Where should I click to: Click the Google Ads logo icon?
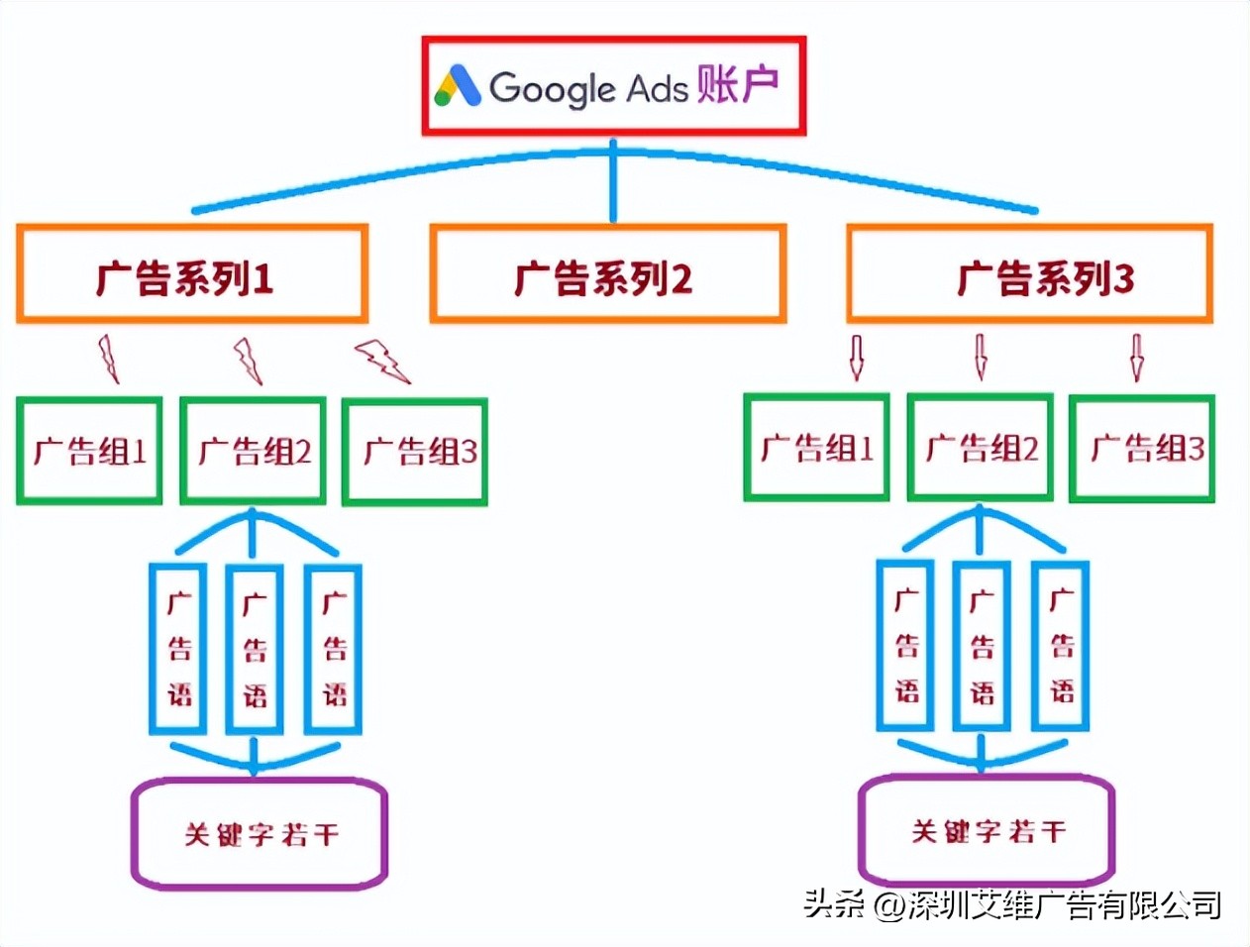[458, 86]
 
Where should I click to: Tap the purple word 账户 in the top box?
[737, 85]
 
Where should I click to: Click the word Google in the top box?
[552, 88]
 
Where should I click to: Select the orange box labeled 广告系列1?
[191, 274]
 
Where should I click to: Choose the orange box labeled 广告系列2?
[607, 274]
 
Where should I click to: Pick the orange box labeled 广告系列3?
[1029, 274]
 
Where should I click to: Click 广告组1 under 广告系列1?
[89, 452]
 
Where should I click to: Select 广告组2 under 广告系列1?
[254, 452]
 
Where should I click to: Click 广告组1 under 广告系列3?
[816, 448]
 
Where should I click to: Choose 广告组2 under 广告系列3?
[981, 448]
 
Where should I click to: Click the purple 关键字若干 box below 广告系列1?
[260, 833]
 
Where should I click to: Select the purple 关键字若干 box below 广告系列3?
[987, 829]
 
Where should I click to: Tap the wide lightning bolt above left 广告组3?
[382, 361]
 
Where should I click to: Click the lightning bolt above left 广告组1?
[108, 360]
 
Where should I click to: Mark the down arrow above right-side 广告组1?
[856, 358]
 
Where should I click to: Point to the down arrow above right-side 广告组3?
[1136, 358]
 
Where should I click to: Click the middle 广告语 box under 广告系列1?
[255, 649]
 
